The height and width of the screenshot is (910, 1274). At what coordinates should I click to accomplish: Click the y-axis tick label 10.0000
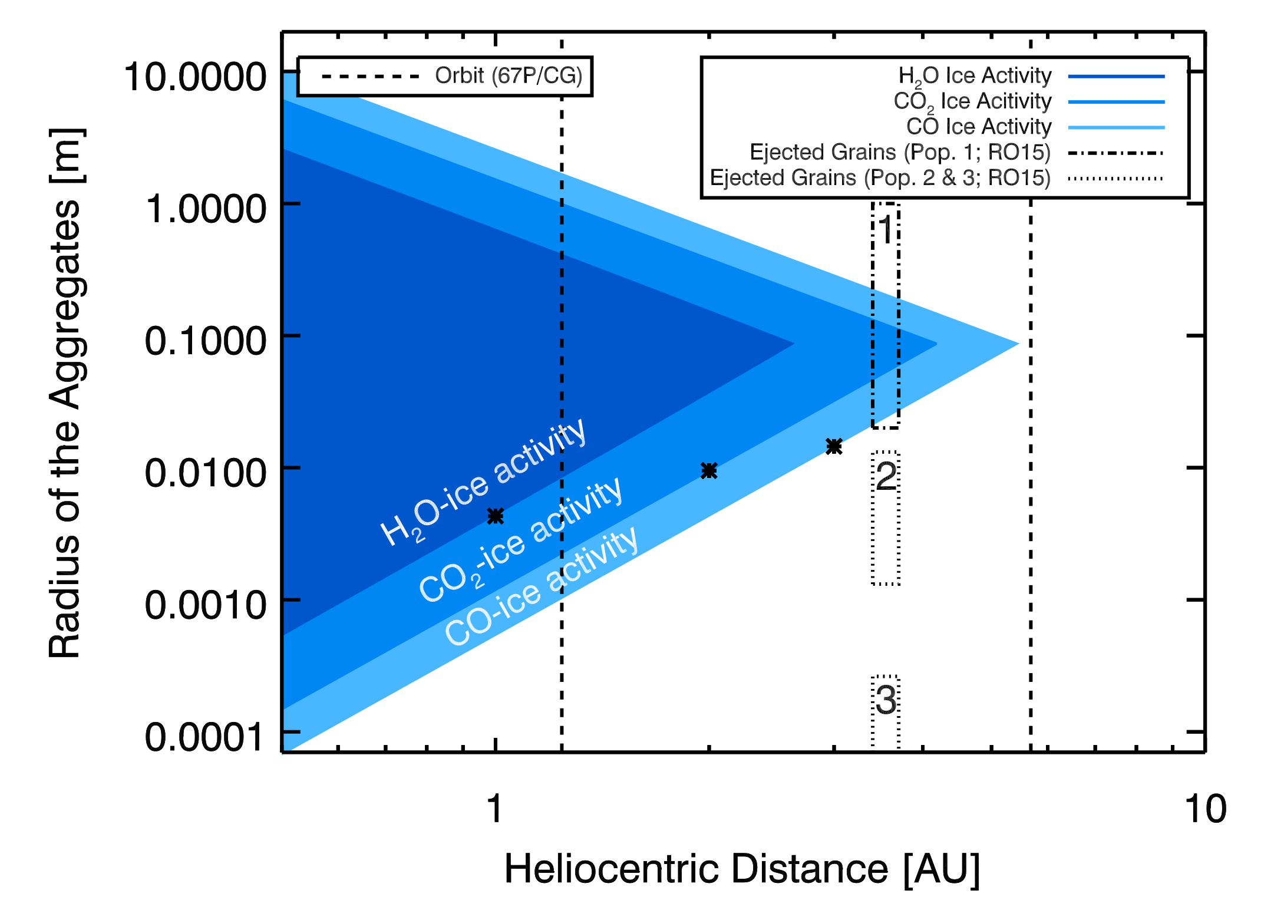194,77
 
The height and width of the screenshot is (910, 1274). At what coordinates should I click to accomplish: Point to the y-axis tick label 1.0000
205,209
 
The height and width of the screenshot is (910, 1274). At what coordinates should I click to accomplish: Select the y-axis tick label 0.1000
205,341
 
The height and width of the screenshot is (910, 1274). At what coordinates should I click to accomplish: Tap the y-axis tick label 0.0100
205,473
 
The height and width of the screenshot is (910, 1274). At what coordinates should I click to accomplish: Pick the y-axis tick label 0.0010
205,605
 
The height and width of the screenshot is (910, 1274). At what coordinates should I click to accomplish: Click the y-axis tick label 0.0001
205,737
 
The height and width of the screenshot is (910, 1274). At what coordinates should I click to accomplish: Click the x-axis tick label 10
1206,809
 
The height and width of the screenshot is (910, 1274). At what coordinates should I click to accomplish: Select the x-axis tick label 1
495,809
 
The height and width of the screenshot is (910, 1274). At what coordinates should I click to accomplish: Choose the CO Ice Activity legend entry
979,127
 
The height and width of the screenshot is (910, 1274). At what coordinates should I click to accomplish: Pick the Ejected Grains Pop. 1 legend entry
900,153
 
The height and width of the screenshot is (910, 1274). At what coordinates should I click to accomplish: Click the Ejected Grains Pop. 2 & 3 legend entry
880,178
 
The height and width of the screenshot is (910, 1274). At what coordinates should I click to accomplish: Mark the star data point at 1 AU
496,516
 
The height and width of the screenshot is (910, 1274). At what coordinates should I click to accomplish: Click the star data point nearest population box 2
834,447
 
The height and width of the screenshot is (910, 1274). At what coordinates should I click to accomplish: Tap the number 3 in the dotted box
886,701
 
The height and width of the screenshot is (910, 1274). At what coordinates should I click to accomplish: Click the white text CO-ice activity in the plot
541,586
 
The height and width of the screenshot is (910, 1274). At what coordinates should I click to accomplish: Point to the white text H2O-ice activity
483,482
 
